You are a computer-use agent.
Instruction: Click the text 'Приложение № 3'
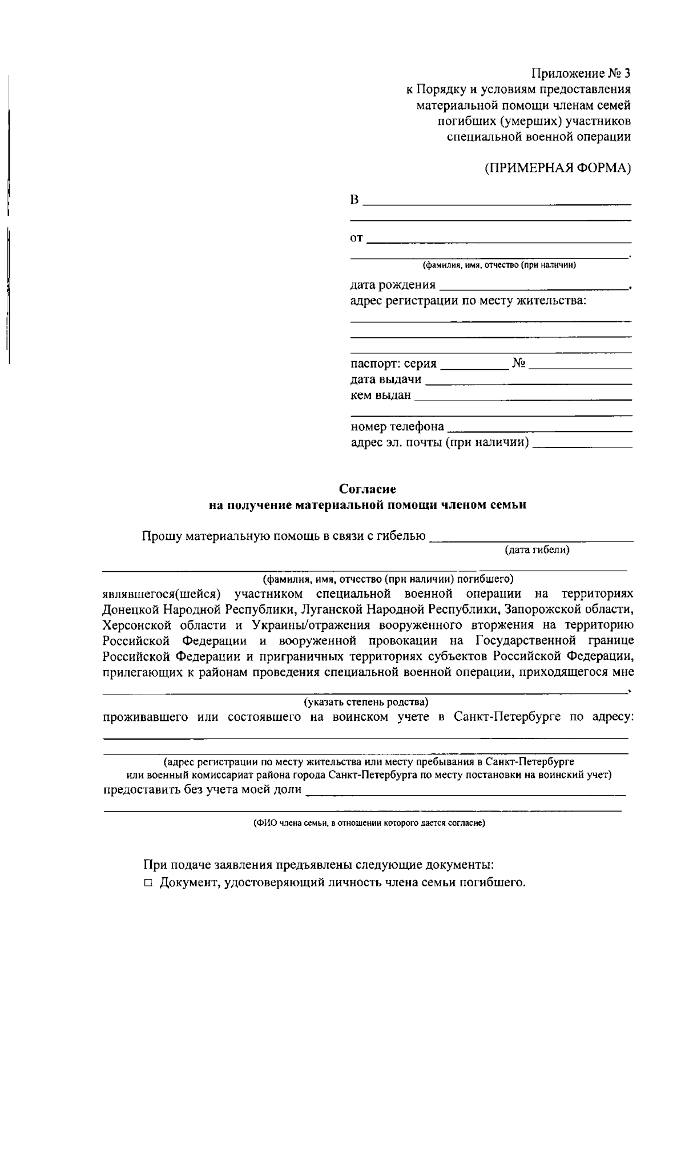pyautogui.click(x=581, y=74)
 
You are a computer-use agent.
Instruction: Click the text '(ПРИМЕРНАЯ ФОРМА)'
pyautogui.click(x=558, y=168)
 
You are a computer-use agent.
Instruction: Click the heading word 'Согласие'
pyautogui.click(x=367, y=489)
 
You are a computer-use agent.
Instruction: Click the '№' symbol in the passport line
pyautogui.click(x=518, y=364)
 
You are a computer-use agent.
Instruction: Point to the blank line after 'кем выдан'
pyautogui.click(x=523, y=397)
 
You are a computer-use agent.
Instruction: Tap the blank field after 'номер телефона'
pyautogui.click(x=539, y=428)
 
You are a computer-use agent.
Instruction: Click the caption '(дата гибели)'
pyautogui.click(x=537, y=550)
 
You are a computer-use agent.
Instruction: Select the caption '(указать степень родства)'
pyautogui.click(x=366, y=702)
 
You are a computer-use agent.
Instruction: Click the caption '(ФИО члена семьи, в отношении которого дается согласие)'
pyautogui.click(x=369, y=823)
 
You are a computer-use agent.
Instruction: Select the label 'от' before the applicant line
pyautogui.click(x=356, y=239)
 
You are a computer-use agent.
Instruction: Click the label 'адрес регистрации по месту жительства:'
pyautogui.click(x=468, y=301)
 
